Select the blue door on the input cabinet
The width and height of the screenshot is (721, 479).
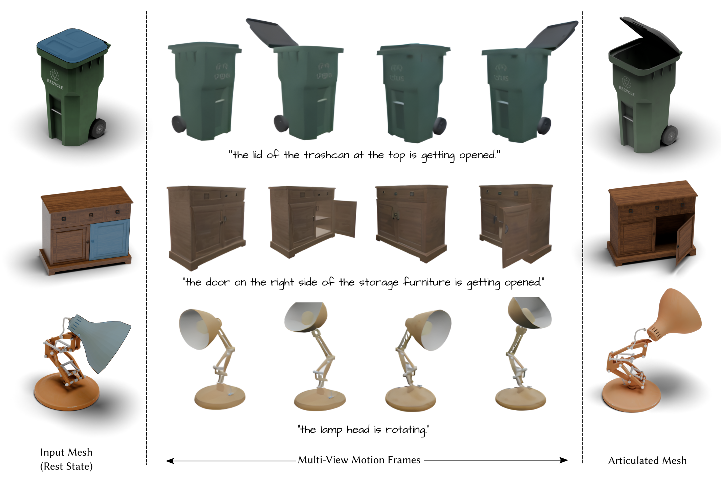pyautogui.click(x=110, y=239)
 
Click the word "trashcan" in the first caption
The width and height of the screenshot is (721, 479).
pyautogui.click(x=326, y=155)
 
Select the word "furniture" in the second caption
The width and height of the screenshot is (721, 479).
pyautogui.click(x=427, y=282)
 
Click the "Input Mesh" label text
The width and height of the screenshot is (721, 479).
pyautogui.click(x=66, y=452)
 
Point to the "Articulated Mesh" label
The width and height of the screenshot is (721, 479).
pyautogui.click(x=647, y=460)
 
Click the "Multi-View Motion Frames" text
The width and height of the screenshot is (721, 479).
pyautogui.click(x=359, y=460)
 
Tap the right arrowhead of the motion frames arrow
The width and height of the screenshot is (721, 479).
pyautogui.click(x=564, y=460)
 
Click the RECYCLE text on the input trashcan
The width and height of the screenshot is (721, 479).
pyautogui.click(x=55, y=84)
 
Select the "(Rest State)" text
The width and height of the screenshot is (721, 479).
pyautogui.click(x=66, y=466)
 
